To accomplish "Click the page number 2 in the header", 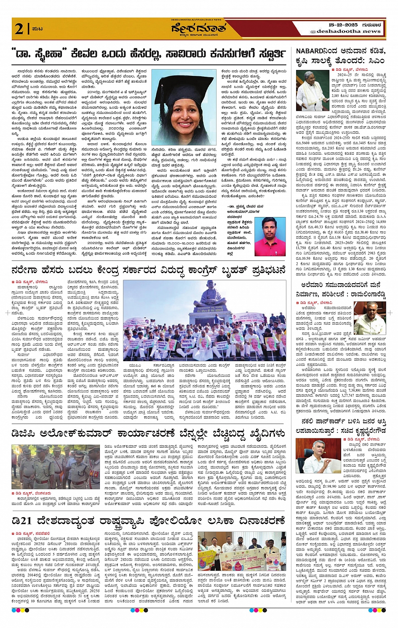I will (x=19, y=29).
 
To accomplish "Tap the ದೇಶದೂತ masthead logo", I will (x=199, y=29).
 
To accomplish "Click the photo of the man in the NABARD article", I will (x=313, y=90).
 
